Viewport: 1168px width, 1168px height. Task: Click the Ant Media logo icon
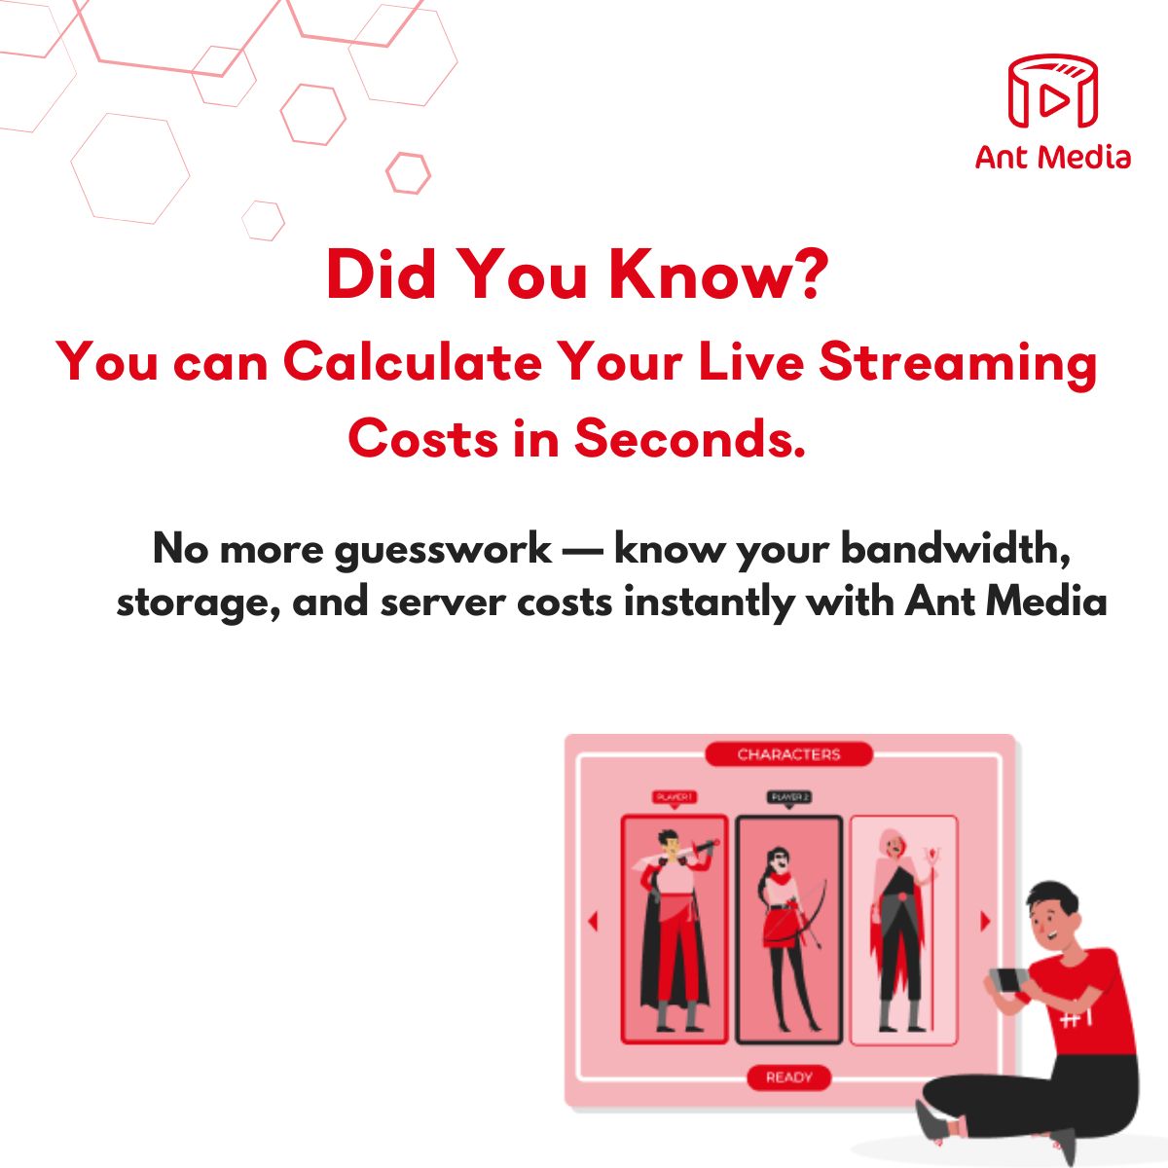click(1052, 92)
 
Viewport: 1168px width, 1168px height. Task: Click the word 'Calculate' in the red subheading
click(413, 362)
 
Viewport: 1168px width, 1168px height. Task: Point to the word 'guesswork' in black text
click(443, 549)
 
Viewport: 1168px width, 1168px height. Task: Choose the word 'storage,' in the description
click(199, 602)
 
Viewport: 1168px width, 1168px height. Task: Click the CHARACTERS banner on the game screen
click(788, 754)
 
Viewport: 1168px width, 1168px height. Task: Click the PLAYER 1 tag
click(674, 797)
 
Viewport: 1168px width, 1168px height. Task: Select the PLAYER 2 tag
click(789, 797)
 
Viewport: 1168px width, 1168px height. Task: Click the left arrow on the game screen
click(593, 921)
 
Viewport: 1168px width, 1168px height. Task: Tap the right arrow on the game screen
click(985, 921)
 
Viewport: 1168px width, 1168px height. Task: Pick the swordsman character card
click(675, 930)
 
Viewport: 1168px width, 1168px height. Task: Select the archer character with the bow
click(788, 930)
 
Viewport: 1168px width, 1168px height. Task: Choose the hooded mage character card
click(903, 930)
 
